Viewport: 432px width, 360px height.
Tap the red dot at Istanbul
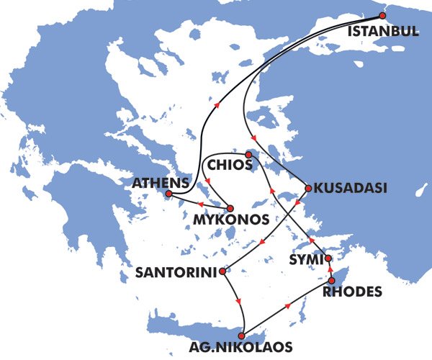click(383, 16)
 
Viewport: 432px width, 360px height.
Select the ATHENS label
click(161, 183)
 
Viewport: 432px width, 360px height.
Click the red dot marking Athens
click(168, 194)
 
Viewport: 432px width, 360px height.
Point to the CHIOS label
click(229, 166)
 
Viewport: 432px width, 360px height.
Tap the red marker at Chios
click(248, 154)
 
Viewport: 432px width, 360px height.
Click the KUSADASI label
click(346, 188)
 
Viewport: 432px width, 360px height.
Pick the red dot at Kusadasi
click(308, 189)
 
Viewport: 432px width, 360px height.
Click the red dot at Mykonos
click(228, 208)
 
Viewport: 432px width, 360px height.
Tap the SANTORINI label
click(176, 273)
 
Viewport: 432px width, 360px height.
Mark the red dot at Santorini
click(225, 273)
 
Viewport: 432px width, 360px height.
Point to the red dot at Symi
click(328, 258)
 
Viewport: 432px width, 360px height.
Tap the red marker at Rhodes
click(331, 280)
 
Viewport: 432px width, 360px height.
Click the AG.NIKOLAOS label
click(233, 347)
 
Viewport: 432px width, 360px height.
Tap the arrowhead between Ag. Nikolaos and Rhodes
click(289, 305)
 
